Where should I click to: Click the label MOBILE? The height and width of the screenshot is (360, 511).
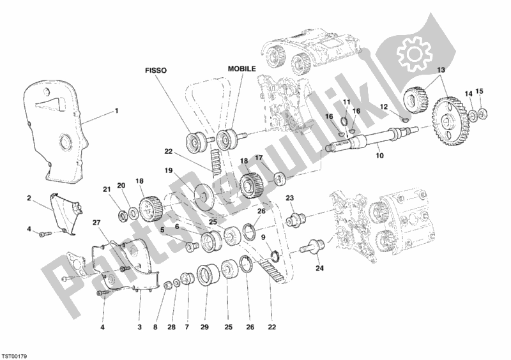[x=242, y=68]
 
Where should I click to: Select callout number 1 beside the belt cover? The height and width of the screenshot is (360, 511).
[x=116, y=110]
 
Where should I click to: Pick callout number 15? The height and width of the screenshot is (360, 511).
[x=480, y=91]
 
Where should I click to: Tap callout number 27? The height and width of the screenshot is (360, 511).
[x=97, y=223]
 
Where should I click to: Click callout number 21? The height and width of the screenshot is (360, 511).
[x=107, y=188]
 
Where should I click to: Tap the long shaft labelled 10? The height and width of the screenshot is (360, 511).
[x=370, y=140]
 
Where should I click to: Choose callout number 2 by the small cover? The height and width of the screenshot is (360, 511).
[x=29, y=199]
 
